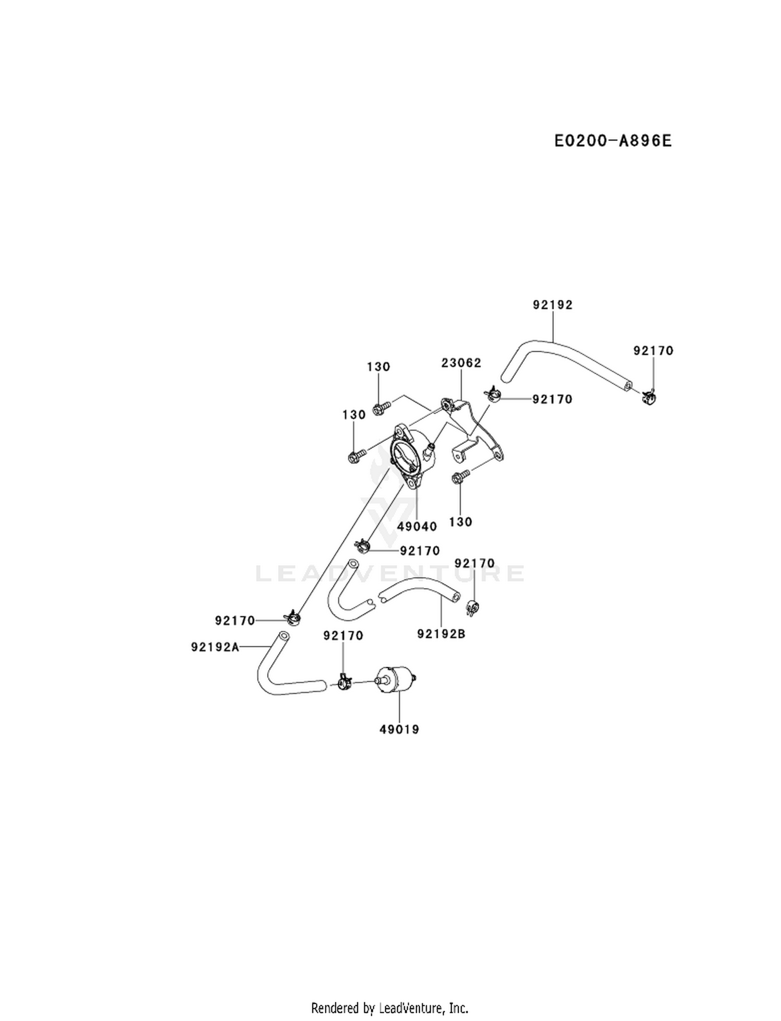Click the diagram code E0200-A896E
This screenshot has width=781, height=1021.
pyautogui.click(x=612, y=141)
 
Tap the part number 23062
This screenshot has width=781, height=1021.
pyautogui.click(x=461, y=363)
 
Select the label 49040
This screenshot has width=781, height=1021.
pyautogui.click(x=417, y=527)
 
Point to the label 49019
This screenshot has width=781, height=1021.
pyautogui.click(x=399, y=730)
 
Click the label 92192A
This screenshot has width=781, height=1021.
pyautogui.click(x=215, y=647)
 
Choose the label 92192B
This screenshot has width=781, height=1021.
pyautogui.click(x=442, y=634)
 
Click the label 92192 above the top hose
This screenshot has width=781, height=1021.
pyautogui.click(x=553, y=305)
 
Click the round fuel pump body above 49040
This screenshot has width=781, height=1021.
pyautogui.click(x=411, y=456)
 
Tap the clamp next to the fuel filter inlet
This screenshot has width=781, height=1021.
pyautogui.click(x=344, y=681)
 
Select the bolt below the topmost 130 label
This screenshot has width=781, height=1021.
pyautogui.click(x=381, y=409)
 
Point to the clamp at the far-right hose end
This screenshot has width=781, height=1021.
pyautogui.click(x=648, y=398)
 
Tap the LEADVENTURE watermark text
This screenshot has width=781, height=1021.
pyautogui.click(x=390, y=573)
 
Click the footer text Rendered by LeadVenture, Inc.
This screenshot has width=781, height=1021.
pyautogui.click(x=390, y=1009)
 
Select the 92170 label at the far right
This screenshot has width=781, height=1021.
pyautogui.click(x=653, y=351)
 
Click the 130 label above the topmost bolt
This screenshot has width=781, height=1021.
pyautogui.click(x=379, y=367)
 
